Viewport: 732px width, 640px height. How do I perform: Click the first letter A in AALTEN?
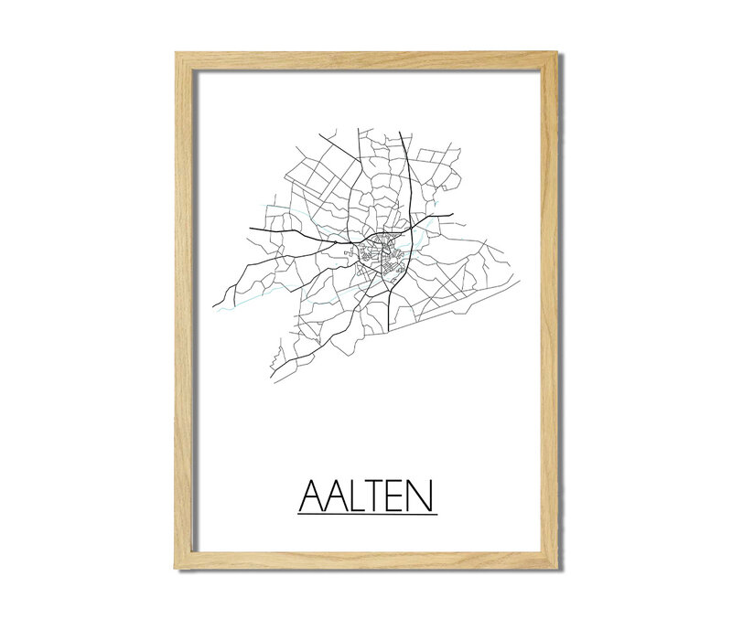[x=311, y=498]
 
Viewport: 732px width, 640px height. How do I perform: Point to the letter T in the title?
[x=379, y=498]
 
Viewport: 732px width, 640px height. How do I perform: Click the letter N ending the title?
[x=423, y=498]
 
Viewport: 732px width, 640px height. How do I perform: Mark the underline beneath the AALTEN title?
[x=367, y=514]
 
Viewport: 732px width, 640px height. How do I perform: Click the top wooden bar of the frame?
[x=366, y=60]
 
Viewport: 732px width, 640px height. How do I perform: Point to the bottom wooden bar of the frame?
[x=366, y=560]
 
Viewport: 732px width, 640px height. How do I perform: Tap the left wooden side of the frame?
[x=186, y=311]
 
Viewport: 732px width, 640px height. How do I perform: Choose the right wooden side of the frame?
[x=548, y=311]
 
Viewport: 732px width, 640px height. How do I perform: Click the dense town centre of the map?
[x=378, y=252]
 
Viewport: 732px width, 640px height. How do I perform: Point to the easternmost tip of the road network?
[x=520, y=282]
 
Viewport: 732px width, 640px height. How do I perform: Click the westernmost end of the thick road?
[x=213, y=306]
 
